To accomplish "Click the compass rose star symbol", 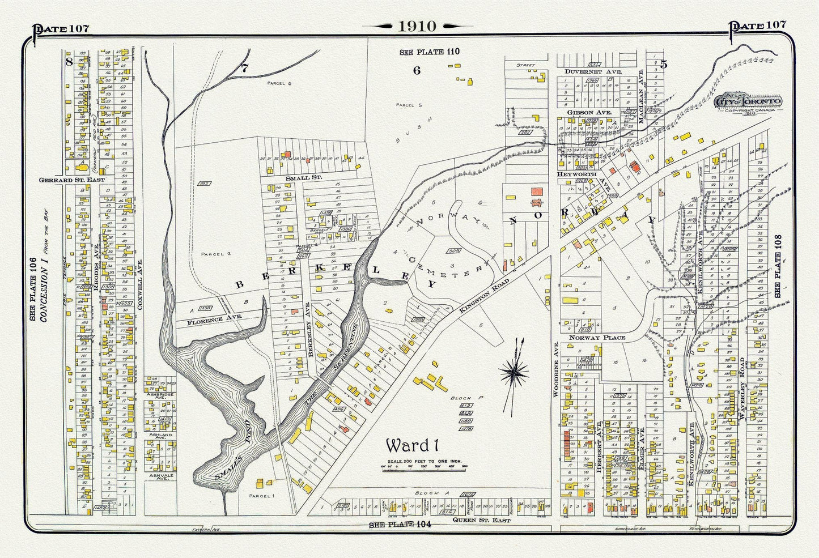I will [x=515, y=372].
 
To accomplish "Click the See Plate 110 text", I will [x=429, y=52].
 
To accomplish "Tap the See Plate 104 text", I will [x=400, y=525].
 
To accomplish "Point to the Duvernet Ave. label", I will [x=593, y=72].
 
